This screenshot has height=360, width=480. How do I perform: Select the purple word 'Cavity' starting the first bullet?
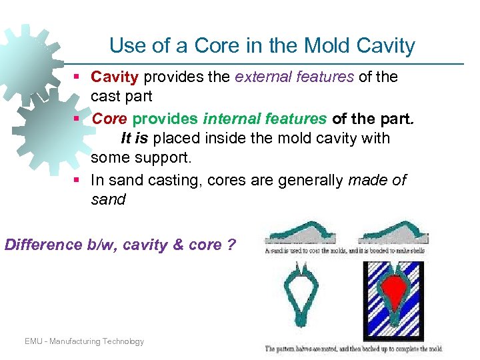pos(115,77)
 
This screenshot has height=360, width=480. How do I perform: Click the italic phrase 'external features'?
pos(294,77)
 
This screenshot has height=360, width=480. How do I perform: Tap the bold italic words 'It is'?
pos(136,139)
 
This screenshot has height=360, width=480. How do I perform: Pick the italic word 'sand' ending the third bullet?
pos(108,199)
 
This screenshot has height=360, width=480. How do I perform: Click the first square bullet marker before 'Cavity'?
pos(78,77)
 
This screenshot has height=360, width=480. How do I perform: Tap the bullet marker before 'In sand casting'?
pos(78,180)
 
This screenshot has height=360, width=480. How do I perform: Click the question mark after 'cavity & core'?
pos(231,245)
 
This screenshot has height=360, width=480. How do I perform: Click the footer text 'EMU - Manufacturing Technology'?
pos(84,341)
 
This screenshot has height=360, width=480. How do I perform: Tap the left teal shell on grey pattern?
pos(299,231)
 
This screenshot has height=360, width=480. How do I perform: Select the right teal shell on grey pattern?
pos(393,231)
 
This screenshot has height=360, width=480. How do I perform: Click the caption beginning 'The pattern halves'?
pos(353,349)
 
